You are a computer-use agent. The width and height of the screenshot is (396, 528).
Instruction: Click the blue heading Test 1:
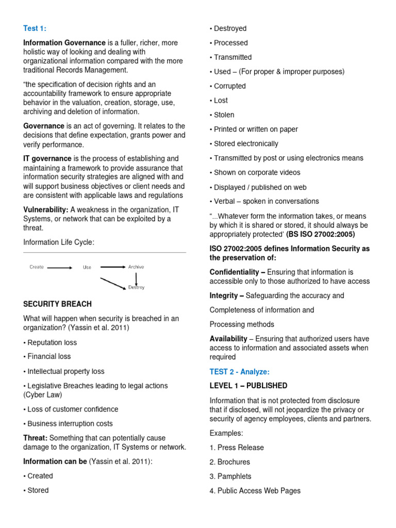tap(35, 28)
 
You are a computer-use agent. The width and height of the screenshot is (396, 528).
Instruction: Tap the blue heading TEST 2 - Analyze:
tap(239, 371)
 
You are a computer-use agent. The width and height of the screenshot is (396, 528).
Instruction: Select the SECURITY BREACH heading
tap(58, 304)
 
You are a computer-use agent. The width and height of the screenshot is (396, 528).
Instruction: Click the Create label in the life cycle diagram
tap(37, 267)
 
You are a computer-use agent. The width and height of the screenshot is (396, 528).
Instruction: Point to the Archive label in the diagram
tap(136, 267)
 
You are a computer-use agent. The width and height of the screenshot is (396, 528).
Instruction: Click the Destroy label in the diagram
tap(137, 287)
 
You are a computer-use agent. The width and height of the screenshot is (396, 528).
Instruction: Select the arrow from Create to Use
tap(60, 268)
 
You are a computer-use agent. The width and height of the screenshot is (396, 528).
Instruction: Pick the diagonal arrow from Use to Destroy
tap(113, 284)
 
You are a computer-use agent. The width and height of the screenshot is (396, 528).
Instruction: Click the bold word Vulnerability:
tap(46, 209)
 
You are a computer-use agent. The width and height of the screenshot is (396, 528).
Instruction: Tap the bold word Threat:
tap(36, 438)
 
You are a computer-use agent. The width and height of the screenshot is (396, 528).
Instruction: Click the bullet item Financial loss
tap(48, 356)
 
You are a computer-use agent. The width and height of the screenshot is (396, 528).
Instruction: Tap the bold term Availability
tap(228, 339)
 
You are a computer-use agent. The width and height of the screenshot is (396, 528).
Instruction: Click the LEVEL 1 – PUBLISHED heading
tap(249, 386)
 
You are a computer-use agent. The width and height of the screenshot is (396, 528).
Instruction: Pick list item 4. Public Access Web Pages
tap(255, 491)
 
